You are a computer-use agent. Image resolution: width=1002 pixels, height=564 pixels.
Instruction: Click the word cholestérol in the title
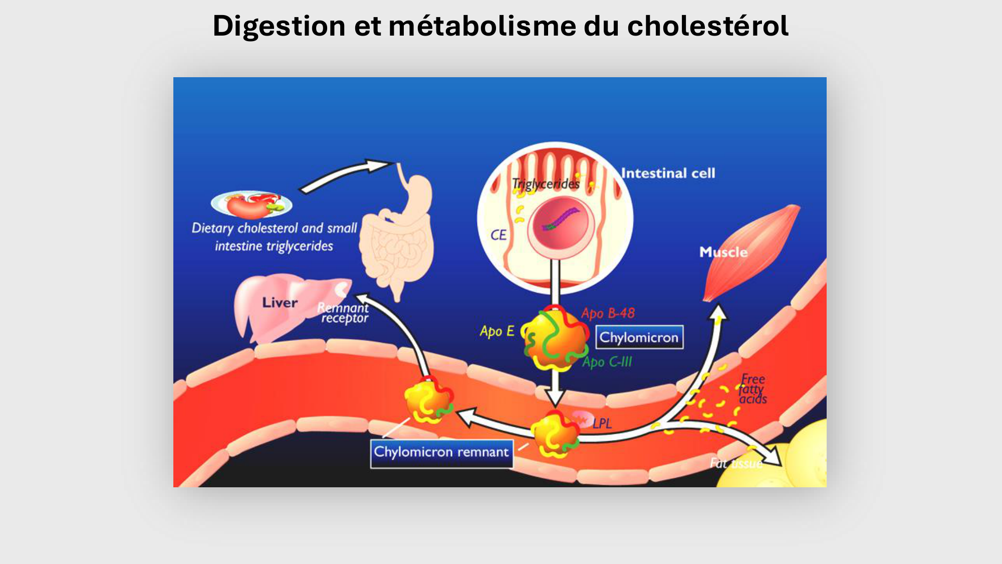click(707, 26)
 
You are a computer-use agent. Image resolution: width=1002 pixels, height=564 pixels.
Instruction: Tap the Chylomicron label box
click(639, 337)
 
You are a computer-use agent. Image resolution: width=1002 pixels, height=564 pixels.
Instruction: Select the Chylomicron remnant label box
click(441, 453)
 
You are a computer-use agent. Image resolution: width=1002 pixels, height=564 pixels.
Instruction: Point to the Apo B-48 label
click(608, 314)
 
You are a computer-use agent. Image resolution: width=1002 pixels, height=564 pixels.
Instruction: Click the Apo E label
click(496, 331)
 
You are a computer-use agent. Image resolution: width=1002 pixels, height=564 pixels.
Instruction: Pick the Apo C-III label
click(607, 362)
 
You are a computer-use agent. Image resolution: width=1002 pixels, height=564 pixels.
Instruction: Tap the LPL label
click(602, 424)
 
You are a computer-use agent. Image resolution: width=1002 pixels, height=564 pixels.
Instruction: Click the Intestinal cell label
click(668, 173)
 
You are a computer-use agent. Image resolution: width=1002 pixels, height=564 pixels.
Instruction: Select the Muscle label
click(723, 252)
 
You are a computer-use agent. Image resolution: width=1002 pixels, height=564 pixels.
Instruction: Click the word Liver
click(280, 303)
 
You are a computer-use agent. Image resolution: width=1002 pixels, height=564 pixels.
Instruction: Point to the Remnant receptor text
click(344, 313)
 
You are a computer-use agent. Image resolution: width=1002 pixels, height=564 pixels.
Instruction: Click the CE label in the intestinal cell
click(498, 235)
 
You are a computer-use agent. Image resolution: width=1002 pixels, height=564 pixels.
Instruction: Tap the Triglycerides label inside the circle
click(546, 184)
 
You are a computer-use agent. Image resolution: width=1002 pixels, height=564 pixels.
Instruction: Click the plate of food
click(252, 204)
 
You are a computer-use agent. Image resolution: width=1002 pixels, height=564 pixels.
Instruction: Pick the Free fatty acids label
click(753, 389)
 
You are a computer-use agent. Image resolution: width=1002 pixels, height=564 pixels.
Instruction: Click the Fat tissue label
click(735, 463)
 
